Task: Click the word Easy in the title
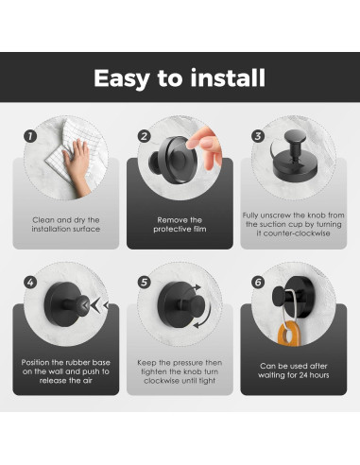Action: pyautogui.click(x=122, y=78)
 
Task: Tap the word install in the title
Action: pyautogui.click(x=228, y=77)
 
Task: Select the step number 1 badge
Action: pyautogui.click(x=30, y=136)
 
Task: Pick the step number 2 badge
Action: pyautogui.click(x=145, y=136)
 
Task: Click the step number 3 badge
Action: pyautogui.click(x=258, y=136)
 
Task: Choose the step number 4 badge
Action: pyautogui.click(x=30, y=282)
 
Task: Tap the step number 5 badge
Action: pyautogui.click(x=145, y=282)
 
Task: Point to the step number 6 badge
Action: pyautogui.click(x=258, y=282)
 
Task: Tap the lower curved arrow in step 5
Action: pyautogui.click(x=203, y=316)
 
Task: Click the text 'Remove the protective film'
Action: pyautogui.click(x=180, y=225)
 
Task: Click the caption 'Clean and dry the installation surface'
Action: pyautogui.click(x=66, y=225)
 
